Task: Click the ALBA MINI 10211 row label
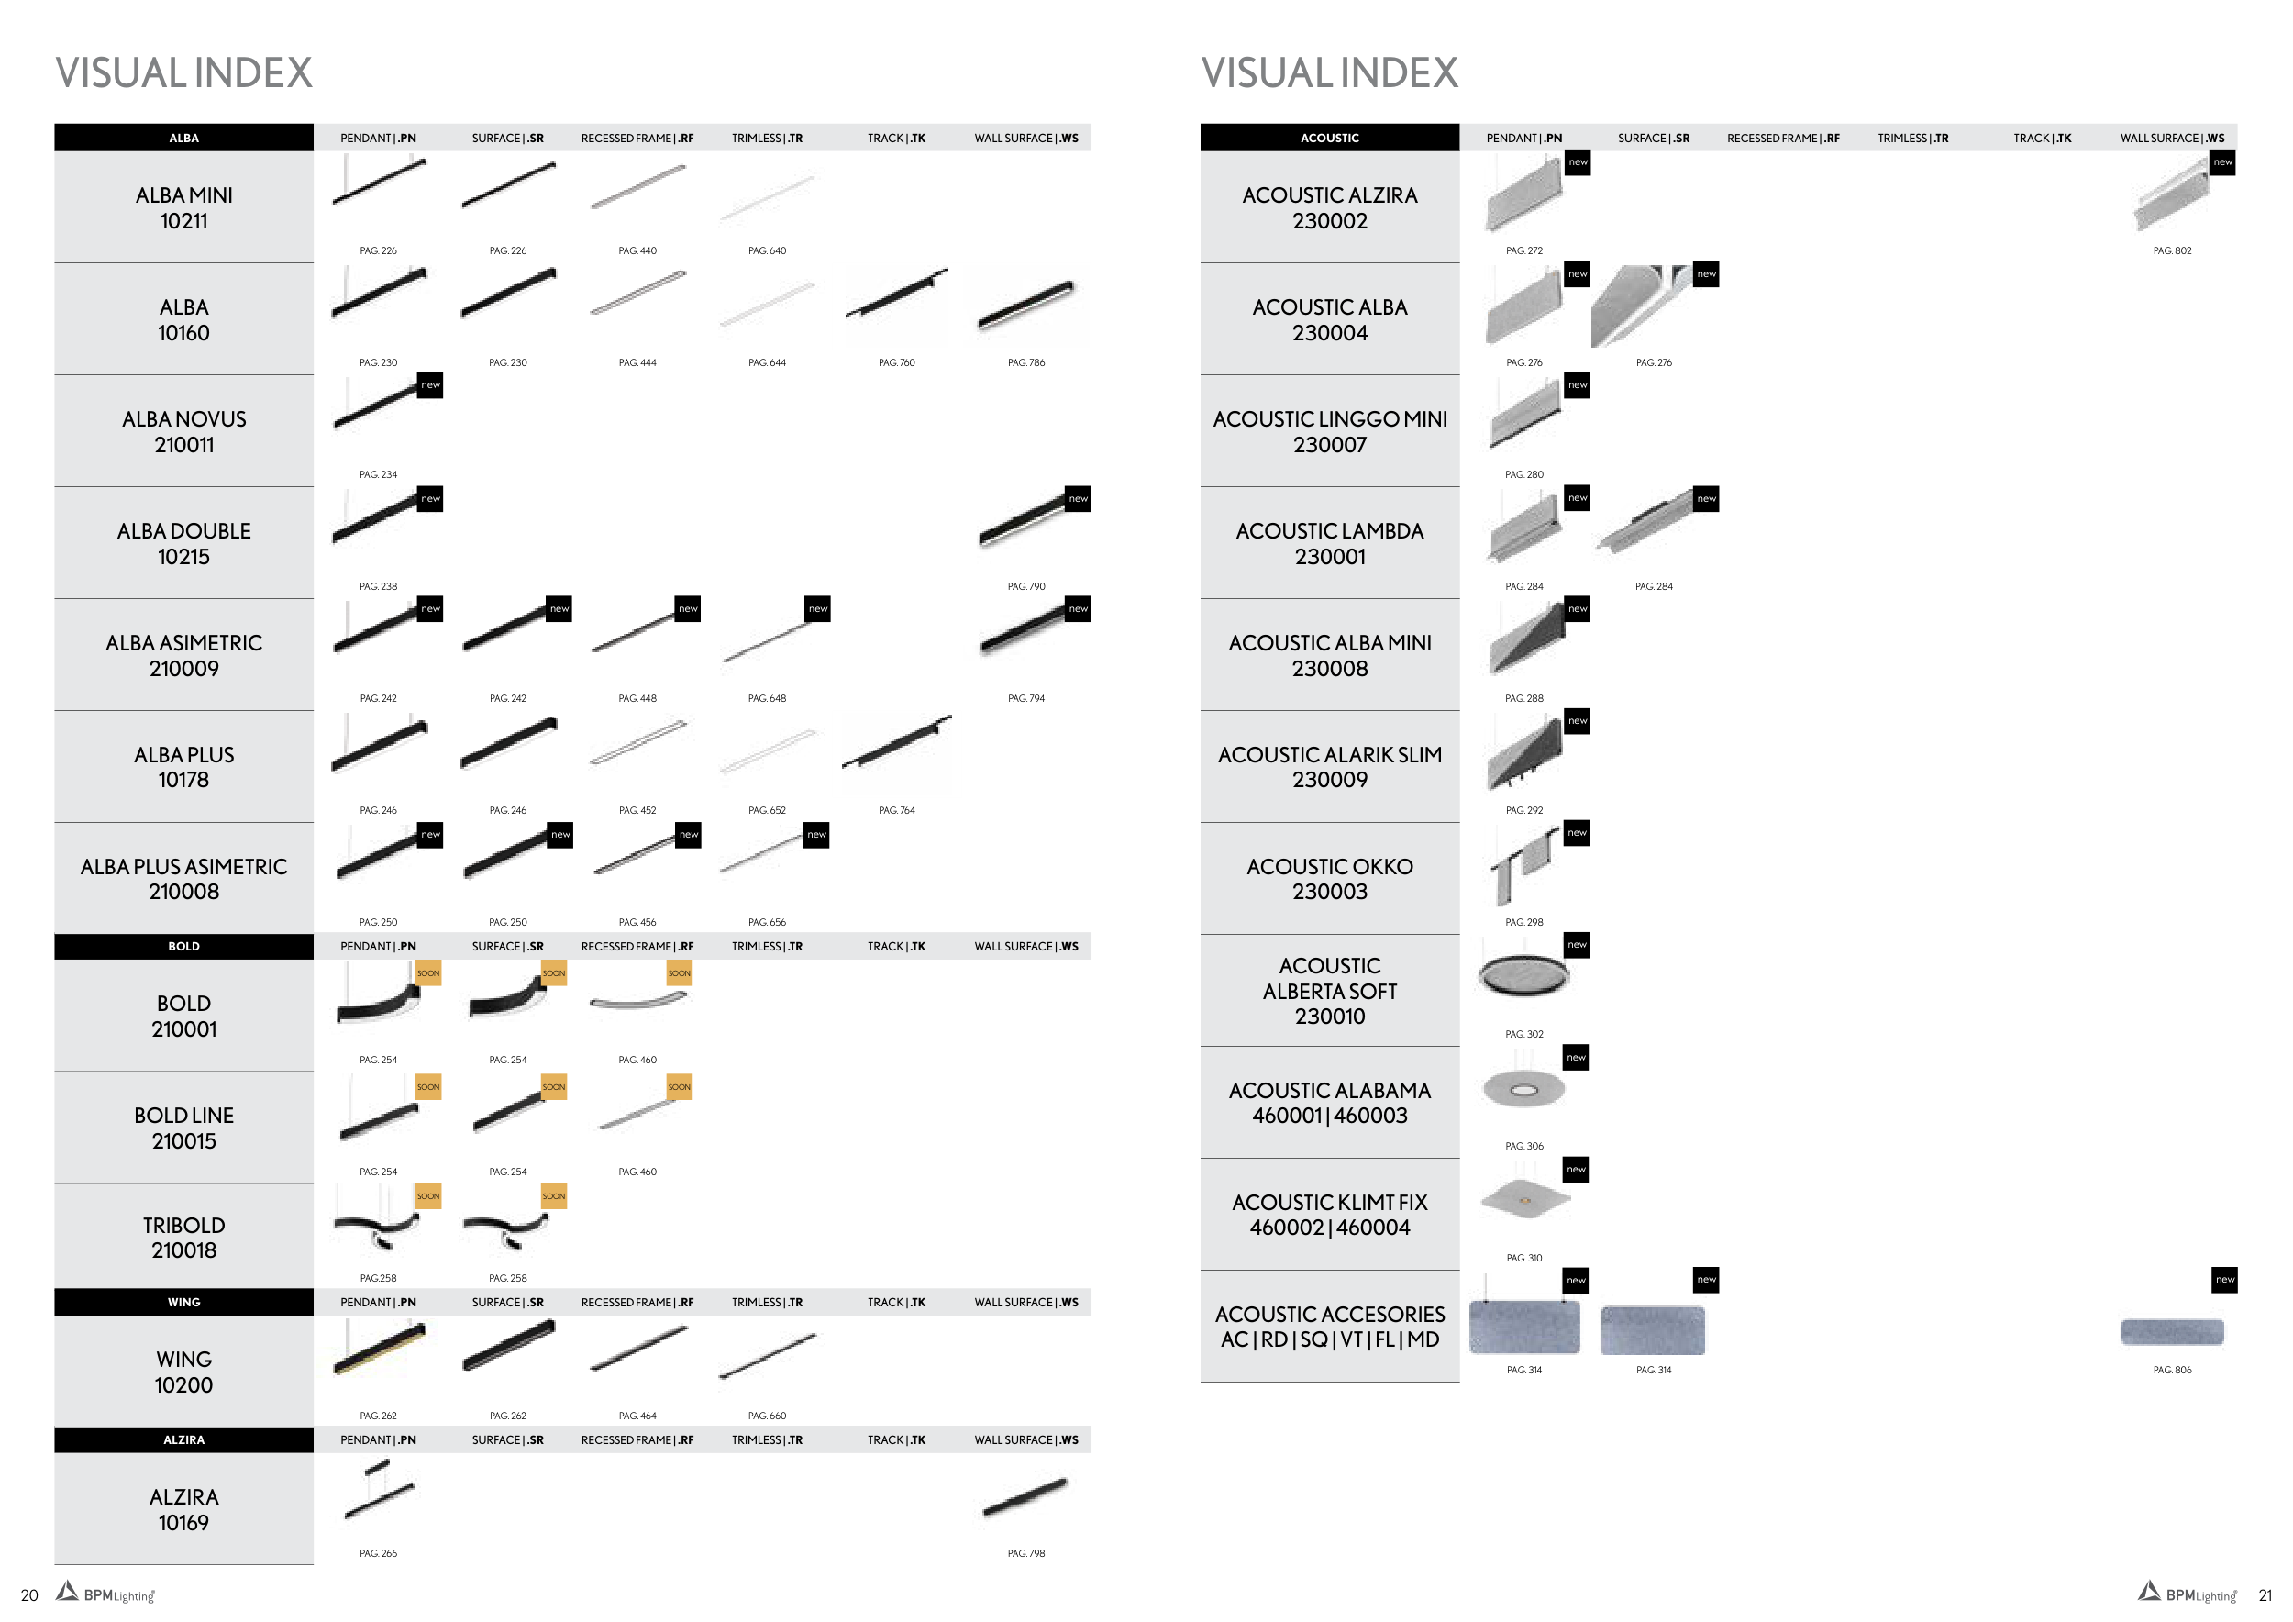pos(183,207)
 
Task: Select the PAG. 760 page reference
pos(896,362)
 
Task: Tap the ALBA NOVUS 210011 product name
pos(183,431)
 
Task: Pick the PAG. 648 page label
pos(766,698)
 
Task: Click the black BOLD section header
pos(183,946)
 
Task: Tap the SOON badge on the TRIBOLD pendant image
pos(427,1195)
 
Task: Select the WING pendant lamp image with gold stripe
pos(380,1348)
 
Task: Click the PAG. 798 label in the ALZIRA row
pos(1025,1553)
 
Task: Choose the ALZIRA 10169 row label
pos(183,1509)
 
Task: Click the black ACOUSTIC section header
pos(1329,138)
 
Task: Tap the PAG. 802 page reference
pos(2171,250)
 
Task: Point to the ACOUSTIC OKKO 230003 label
pos(1329,879)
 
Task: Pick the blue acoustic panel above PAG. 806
pos(2171,1331)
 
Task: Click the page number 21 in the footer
pos(2265,1595)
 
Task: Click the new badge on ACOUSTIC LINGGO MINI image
pos(1577,385)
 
